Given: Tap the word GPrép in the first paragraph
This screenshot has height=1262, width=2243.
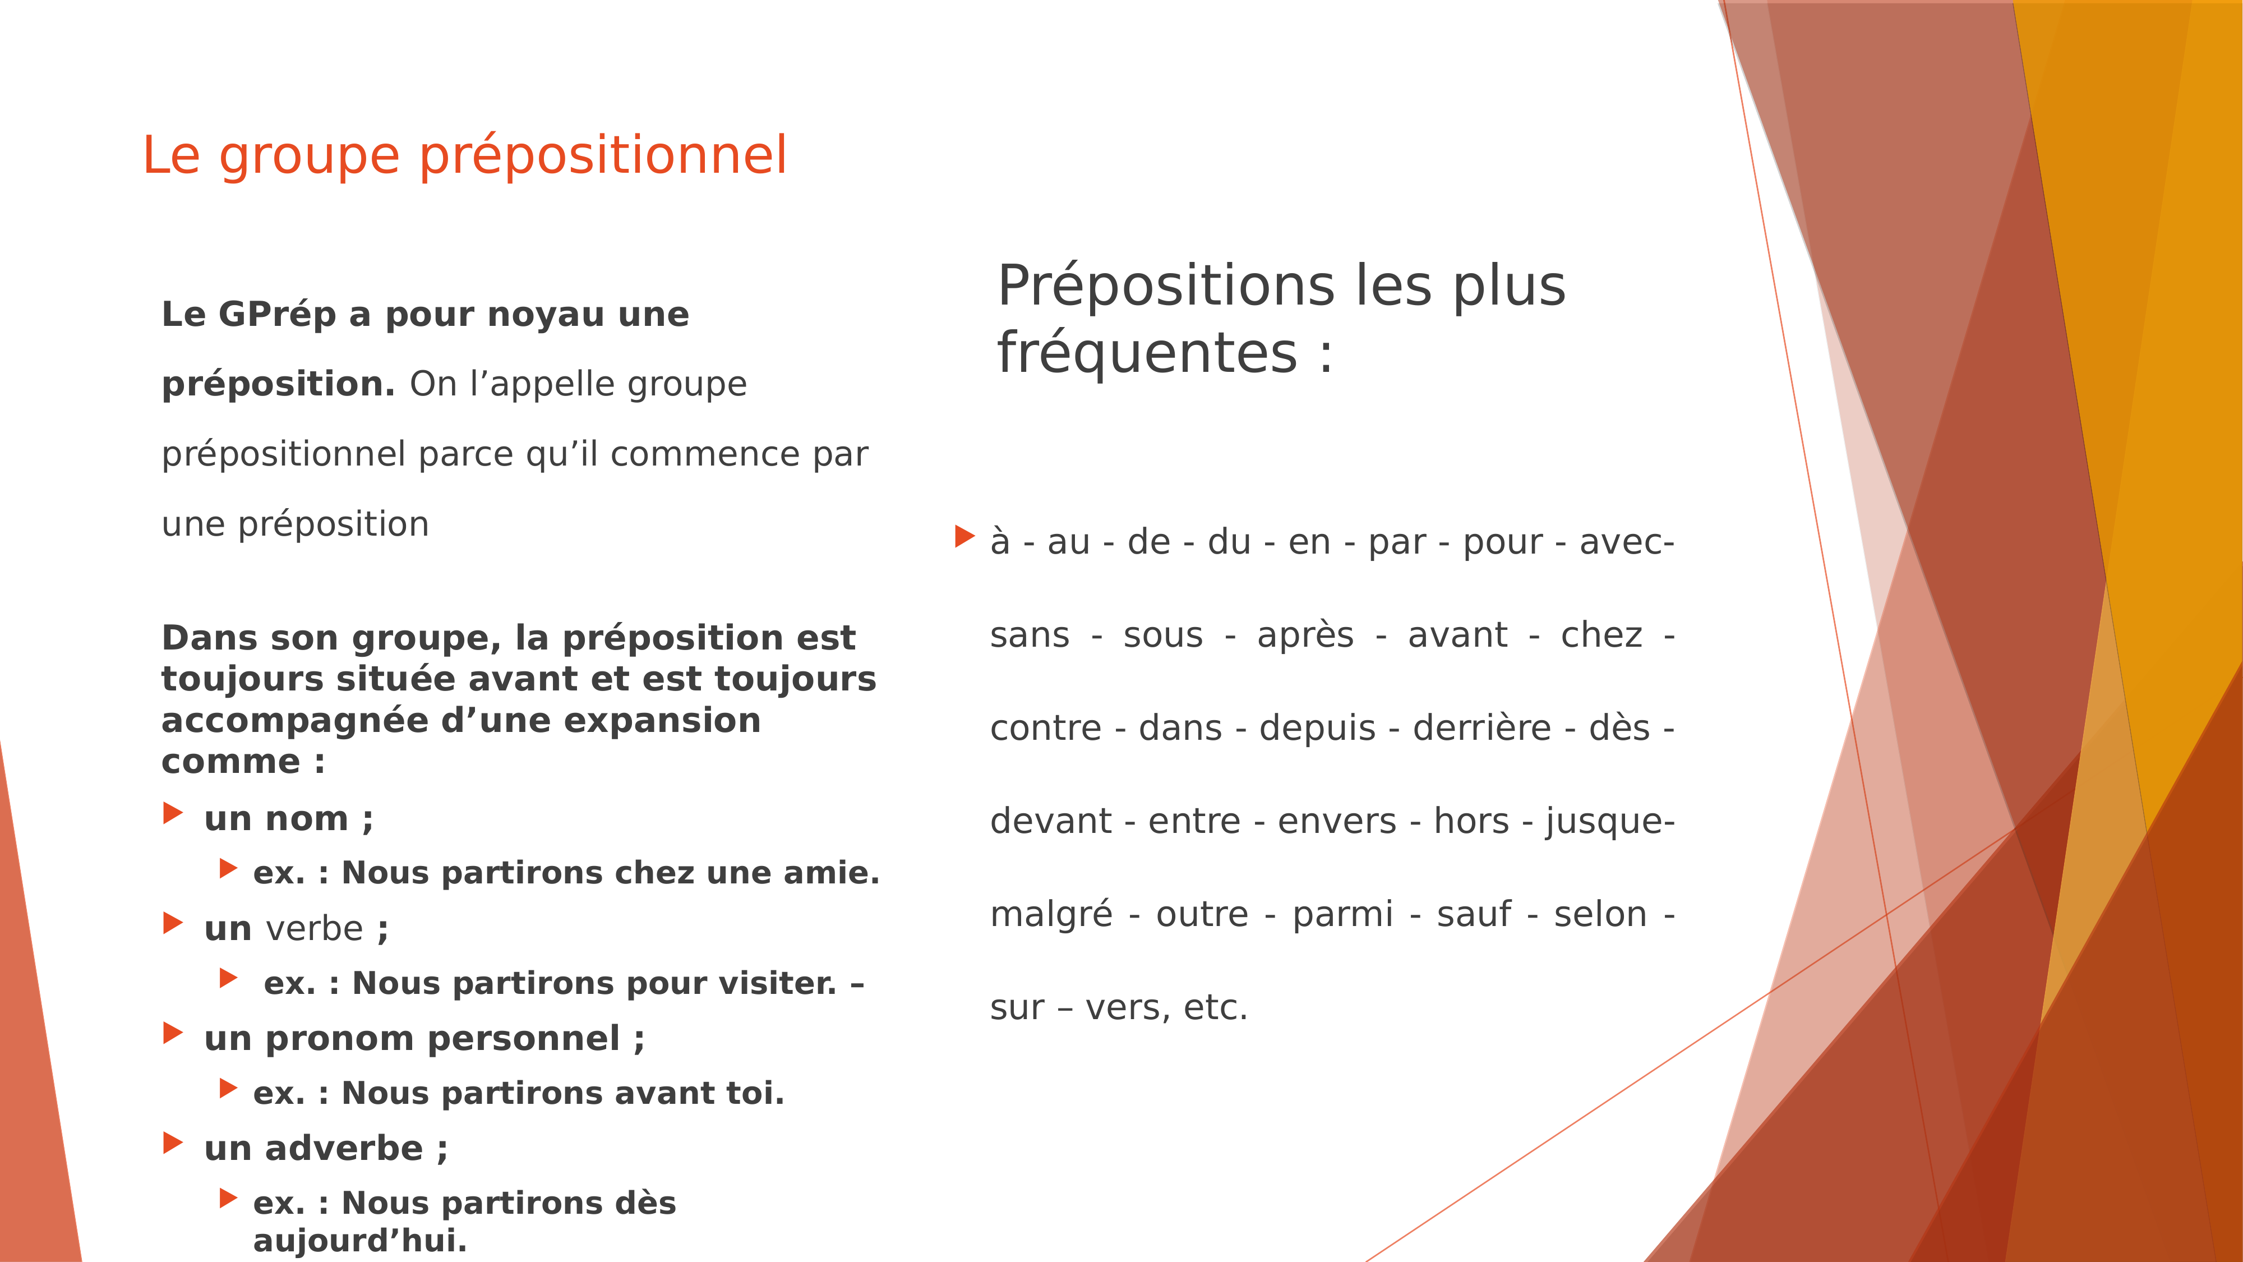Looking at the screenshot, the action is pos(277,315).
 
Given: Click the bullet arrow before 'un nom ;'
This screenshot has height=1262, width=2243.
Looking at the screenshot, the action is pos(173,813).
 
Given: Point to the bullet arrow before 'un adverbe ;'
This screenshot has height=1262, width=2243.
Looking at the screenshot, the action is pos(173,1143).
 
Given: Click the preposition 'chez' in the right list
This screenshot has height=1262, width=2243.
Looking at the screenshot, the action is pos(1602,635).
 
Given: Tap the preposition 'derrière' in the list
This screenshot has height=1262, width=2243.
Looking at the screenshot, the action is pos(1482,728).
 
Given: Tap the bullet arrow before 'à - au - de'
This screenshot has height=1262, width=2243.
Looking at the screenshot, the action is pos(964,537).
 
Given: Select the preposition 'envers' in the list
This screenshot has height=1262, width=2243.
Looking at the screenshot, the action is pos(1337,821).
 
